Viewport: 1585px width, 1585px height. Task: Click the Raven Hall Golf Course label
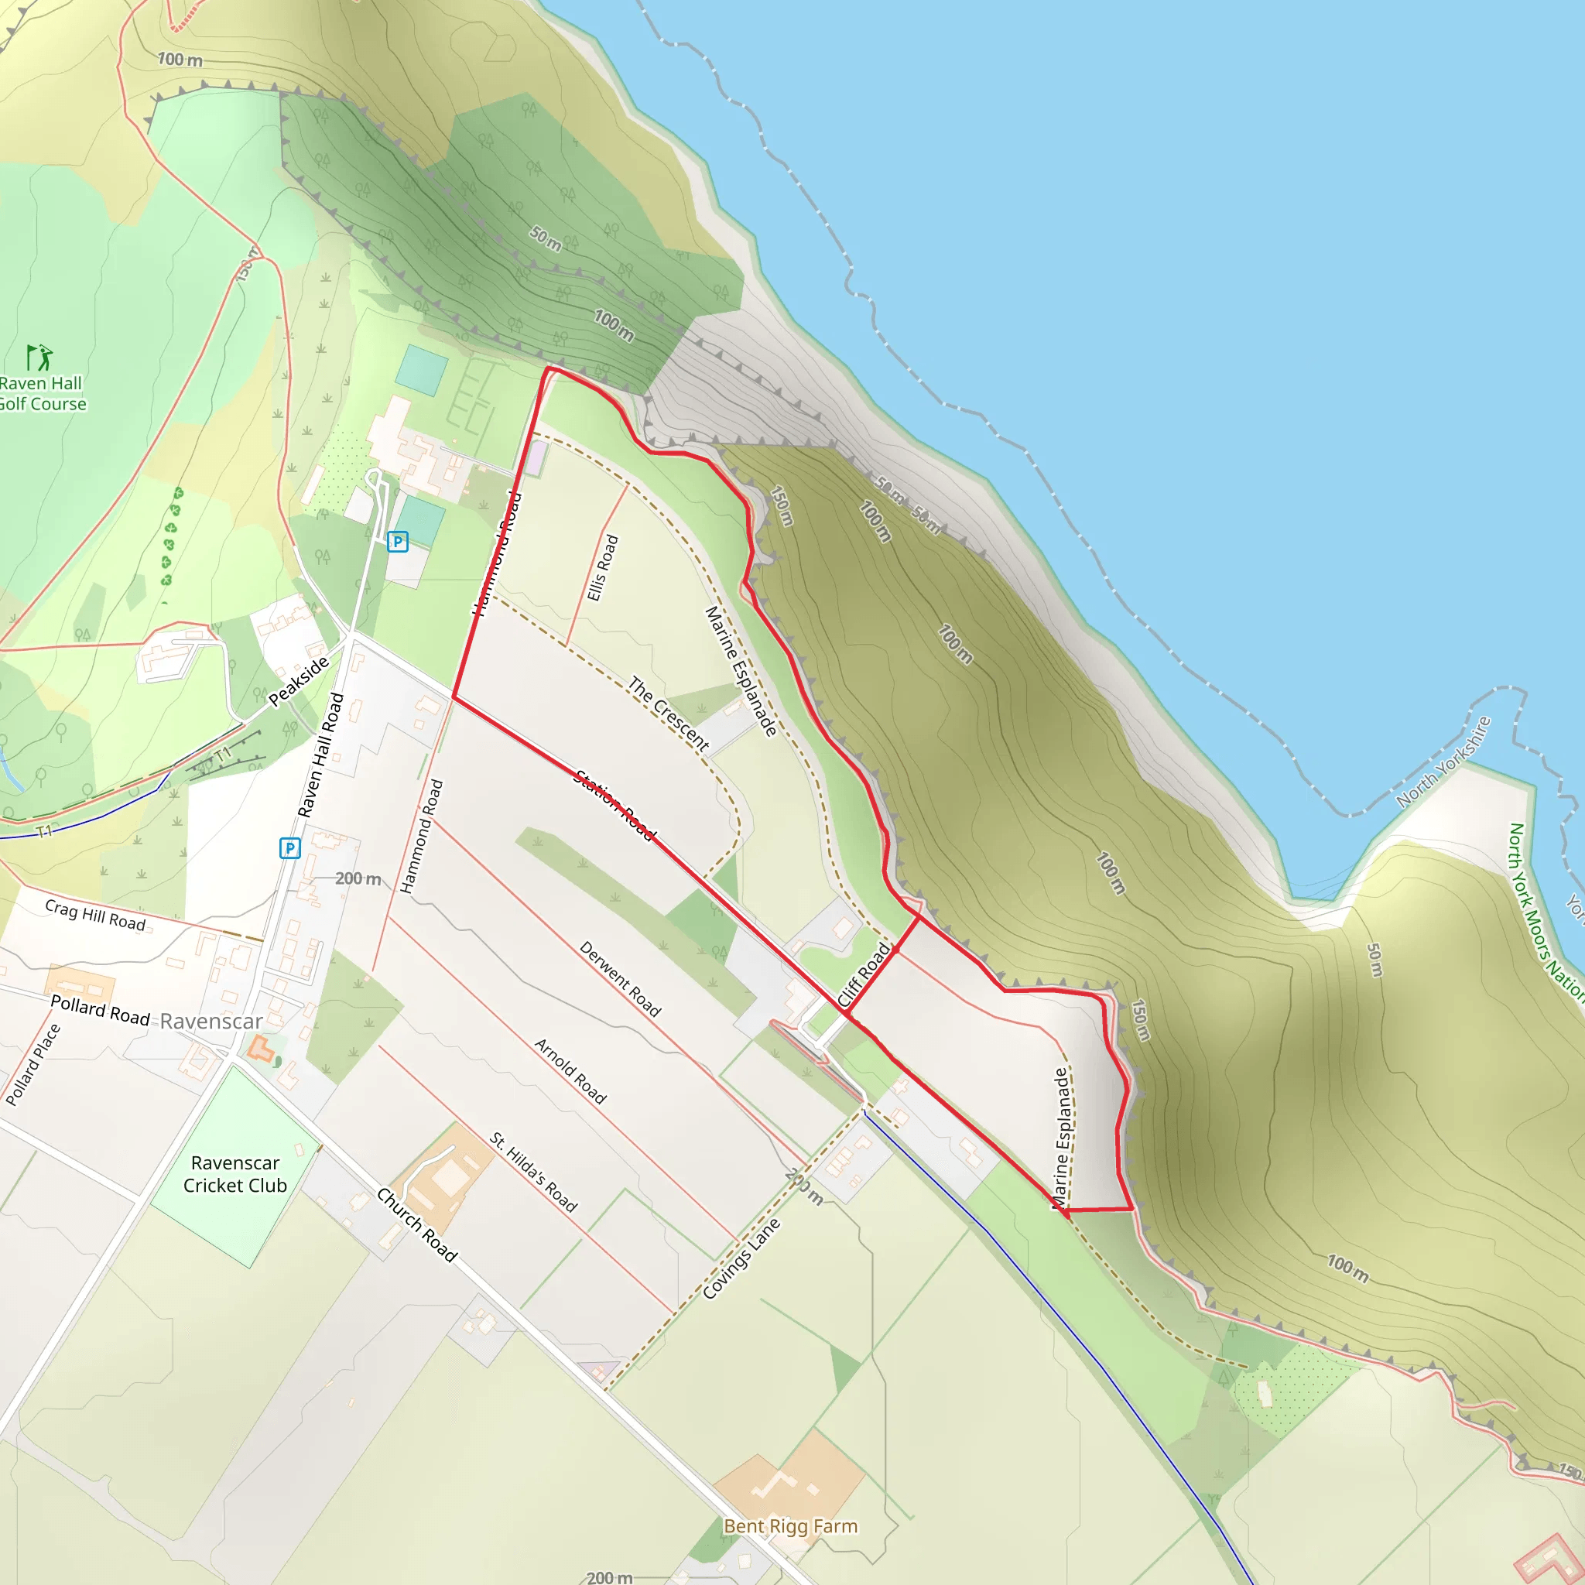pyautogui.click(x=42, y=393)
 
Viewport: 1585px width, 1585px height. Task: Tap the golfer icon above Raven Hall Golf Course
pyautogui.click(x=39, y=358)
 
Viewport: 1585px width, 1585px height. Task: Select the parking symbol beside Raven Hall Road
pyautogui.click(x=289, y=847)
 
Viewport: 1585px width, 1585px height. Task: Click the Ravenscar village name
pyautogui.click(x=211, y=1022)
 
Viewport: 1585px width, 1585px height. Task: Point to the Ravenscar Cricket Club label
pyautogui.click(x=234, y=1174)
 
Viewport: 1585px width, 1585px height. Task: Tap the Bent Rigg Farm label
pyautogui.click(x=790, y=1526)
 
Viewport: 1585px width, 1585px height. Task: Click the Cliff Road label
pyautogui.click(x=863, y=974)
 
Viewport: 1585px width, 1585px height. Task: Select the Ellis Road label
pyautogui.click(x=602, y=568)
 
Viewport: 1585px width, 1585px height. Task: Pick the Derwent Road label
pyautogui.click(x=620, y=979)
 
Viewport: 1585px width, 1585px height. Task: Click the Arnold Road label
pyautogui.click(x=570, y=1070)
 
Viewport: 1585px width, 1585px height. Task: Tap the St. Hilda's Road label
pyautogui.click(x=533, y=1172)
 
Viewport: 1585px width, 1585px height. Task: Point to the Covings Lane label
pyautogui.click(x=741, y=1258)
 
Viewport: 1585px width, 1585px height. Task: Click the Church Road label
pyautogui.click(x=417, y=1224)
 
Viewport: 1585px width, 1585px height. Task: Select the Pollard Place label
pyautogui.click(x=33, y=1065)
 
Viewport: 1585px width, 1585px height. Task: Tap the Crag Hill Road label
pyautogui.click(x=95, y=915)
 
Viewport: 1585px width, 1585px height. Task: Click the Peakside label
pyautogui.click(x=299, y=681)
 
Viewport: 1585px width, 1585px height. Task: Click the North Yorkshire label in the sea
pyautogui.click(x=1443, y=762)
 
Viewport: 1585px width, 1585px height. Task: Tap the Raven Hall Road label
pyautogui.click(x=320, y=755)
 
